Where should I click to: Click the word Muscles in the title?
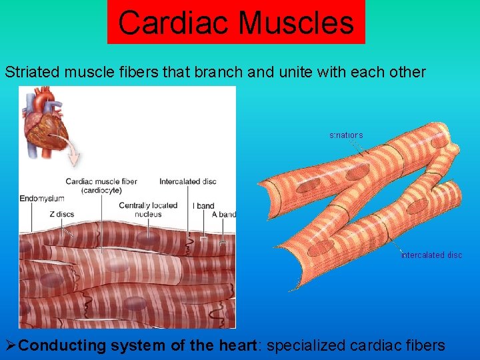click(295, 23)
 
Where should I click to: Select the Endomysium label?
click(42, 198)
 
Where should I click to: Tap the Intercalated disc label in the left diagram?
click(188, 181)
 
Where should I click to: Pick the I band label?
click(203, 206)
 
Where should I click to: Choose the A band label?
click(223, 215)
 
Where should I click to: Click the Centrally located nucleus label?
click(148, 210)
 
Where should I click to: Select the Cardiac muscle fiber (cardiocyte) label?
click(101, 185)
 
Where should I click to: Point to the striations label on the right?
click(347, 135)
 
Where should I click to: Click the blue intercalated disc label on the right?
click(431, 255)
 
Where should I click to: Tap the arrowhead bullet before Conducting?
click(10, 345)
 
